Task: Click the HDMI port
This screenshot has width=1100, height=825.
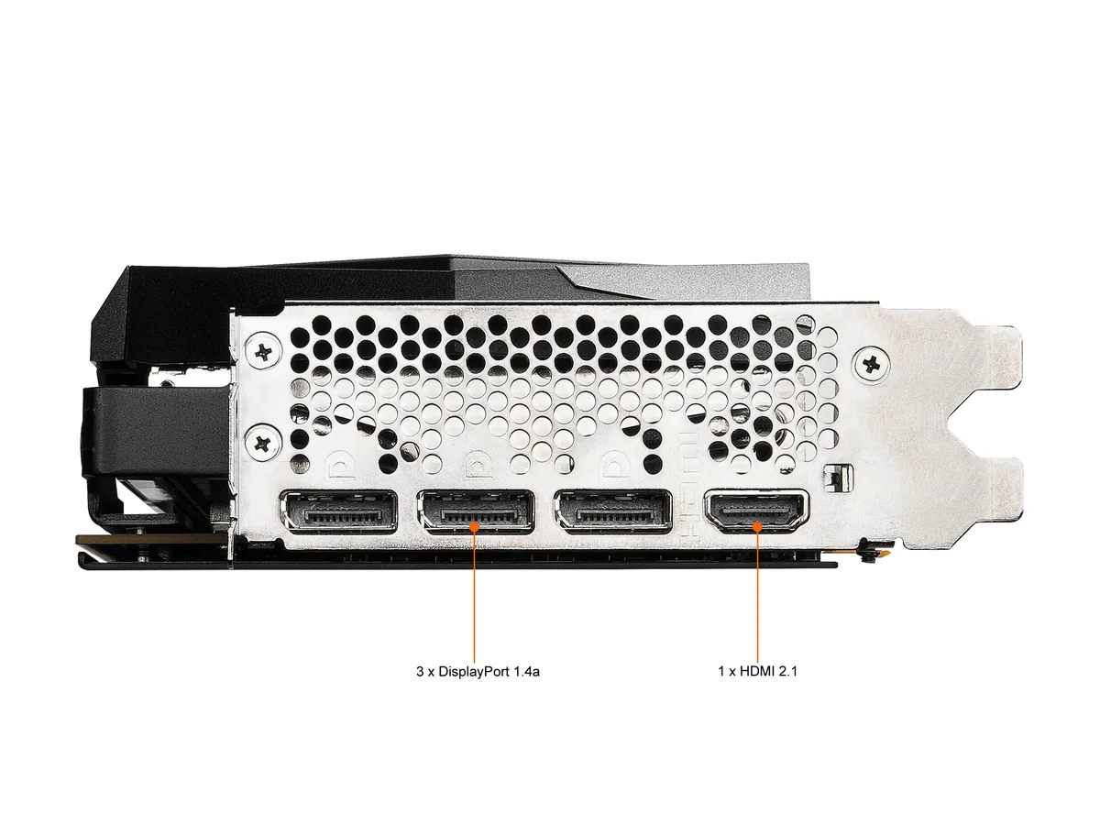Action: coord(755,512)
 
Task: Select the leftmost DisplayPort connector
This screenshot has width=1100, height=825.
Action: coord(339,512)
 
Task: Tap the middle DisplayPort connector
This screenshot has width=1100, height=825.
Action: coord(476,512)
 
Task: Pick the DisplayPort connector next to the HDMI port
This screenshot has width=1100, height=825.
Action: coord(613,512)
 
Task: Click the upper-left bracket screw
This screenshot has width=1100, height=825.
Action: coord(262,353)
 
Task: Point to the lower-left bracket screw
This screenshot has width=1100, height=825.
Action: coord(262,443)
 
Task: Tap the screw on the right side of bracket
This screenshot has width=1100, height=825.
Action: coord(871,365)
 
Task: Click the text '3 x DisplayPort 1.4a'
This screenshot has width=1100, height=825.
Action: coord(478,671)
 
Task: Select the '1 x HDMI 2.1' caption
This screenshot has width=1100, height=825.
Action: coord(757,671)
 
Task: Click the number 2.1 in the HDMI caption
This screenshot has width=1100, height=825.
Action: coord(787,671)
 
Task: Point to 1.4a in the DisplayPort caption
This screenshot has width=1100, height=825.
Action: coord(527,671)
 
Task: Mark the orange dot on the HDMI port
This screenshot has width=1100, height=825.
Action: coord(757,526)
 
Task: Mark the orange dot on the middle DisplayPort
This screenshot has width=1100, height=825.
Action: coord(474,526)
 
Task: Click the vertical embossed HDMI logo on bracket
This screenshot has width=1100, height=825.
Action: coord(689,489)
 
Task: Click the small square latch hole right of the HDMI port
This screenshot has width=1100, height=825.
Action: coord(838,478)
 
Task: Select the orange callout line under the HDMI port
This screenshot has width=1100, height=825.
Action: coord(757,595)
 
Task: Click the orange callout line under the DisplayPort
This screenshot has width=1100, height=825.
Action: coord(474,595)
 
